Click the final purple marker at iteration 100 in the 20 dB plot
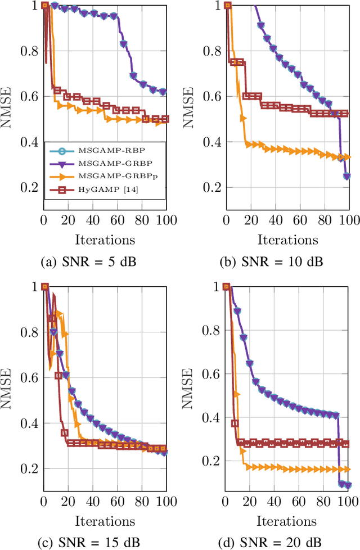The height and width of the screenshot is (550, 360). point(347,485)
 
